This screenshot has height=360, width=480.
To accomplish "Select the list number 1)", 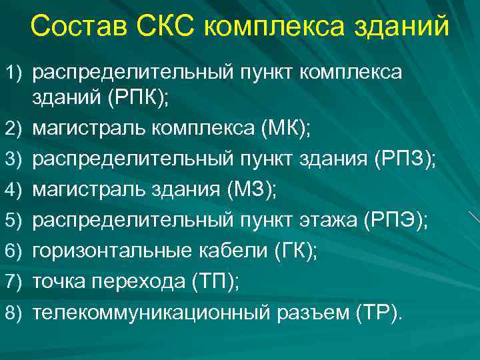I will pos(15,71).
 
